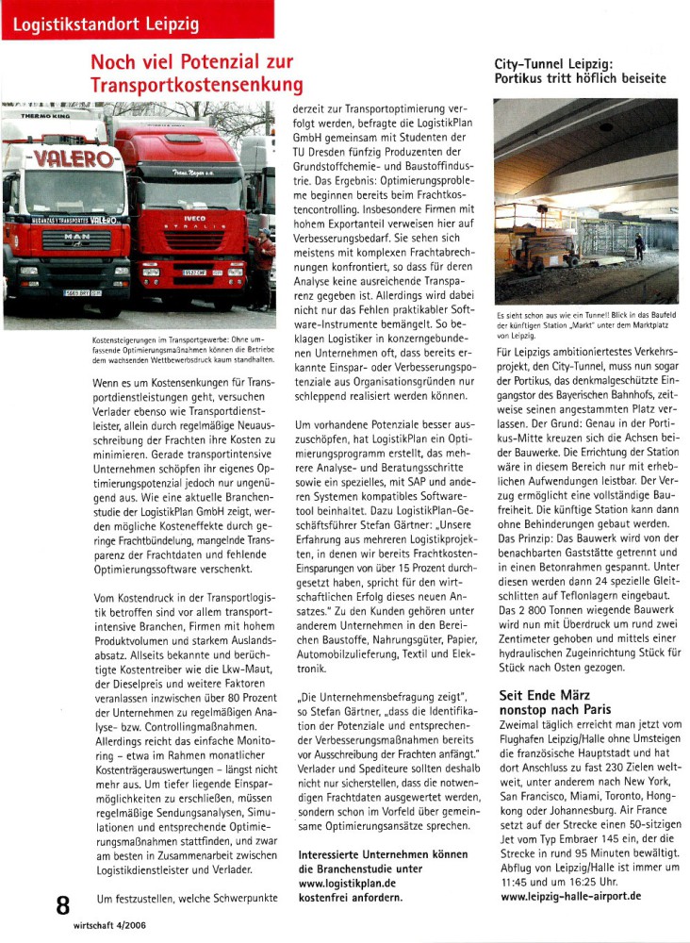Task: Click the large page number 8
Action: click(63, 906)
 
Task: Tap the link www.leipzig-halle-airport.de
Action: click(584, 895)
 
